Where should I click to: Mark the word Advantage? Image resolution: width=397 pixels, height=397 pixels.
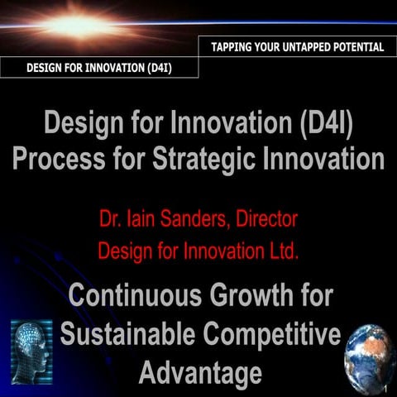(x=199, y=372)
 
